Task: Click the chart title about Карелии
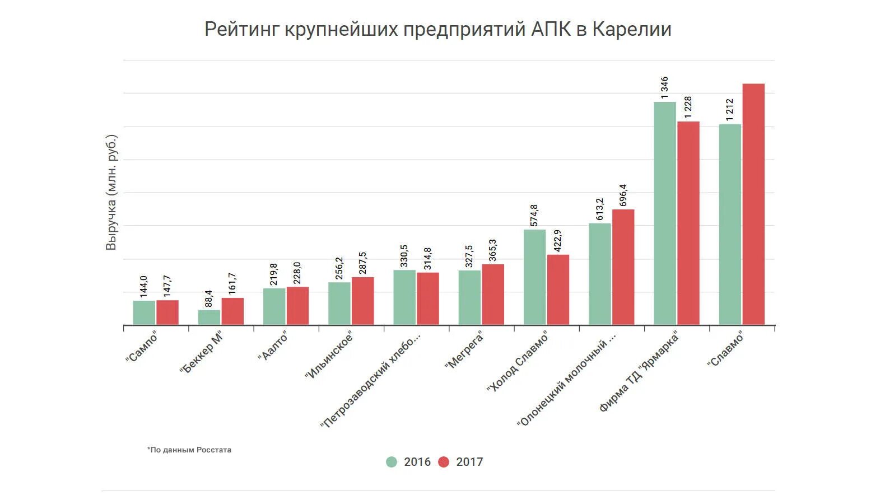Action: pyautogui.click(x=437, y=29)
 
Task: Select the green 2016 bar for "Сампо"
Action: pyautogui.click(x=144, y=313)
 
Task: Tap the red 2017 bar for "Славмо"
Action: pyautogui.click(x=753, y=204)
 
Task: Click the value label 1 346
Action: pyautogui.click(x=664, y=87)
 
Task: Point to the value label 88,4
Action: pyautogui.click(x=209, y=298)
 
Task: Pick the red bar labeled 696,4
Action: pyautogui.click(x=623, y=267)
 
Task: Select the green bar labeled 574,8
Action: pyautogui.click(x=534, y=277)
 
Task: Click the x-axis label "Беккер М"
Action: pyautogui.click(x=202, y=352)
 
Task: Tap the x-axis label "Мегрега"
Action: pyautogui.click(x=464, y=350)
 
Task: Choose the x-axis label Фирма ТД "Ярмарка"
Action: pyautogui.click(x=639, y=371)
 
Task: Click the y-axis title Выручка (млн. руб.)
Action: pyautogui.click(x=111, y=192)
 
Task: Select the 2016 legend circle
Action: pyautogui.click(x=392, y=462)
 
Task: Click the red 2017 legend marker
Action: pyautogui.click(x=444, y=462)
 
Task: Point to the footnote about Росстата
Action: pyautogui.click(x=189, y=450)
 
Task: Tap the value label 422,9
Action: pyautogui.click(x=557, y=241)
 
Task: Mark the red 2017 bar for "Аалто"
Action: pyautogui.click(x=297, y=306)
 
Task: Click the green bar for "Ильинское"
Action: pyautogui.click(x=339, y=303)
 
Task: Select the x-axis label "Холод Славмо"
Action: pyautogui.click(x=518, y=362)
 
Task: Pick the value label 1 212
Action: pyautogui.click(x=729, y=110)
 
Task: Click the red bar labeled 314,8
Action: pyautogui.click(x=427, y=298)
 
